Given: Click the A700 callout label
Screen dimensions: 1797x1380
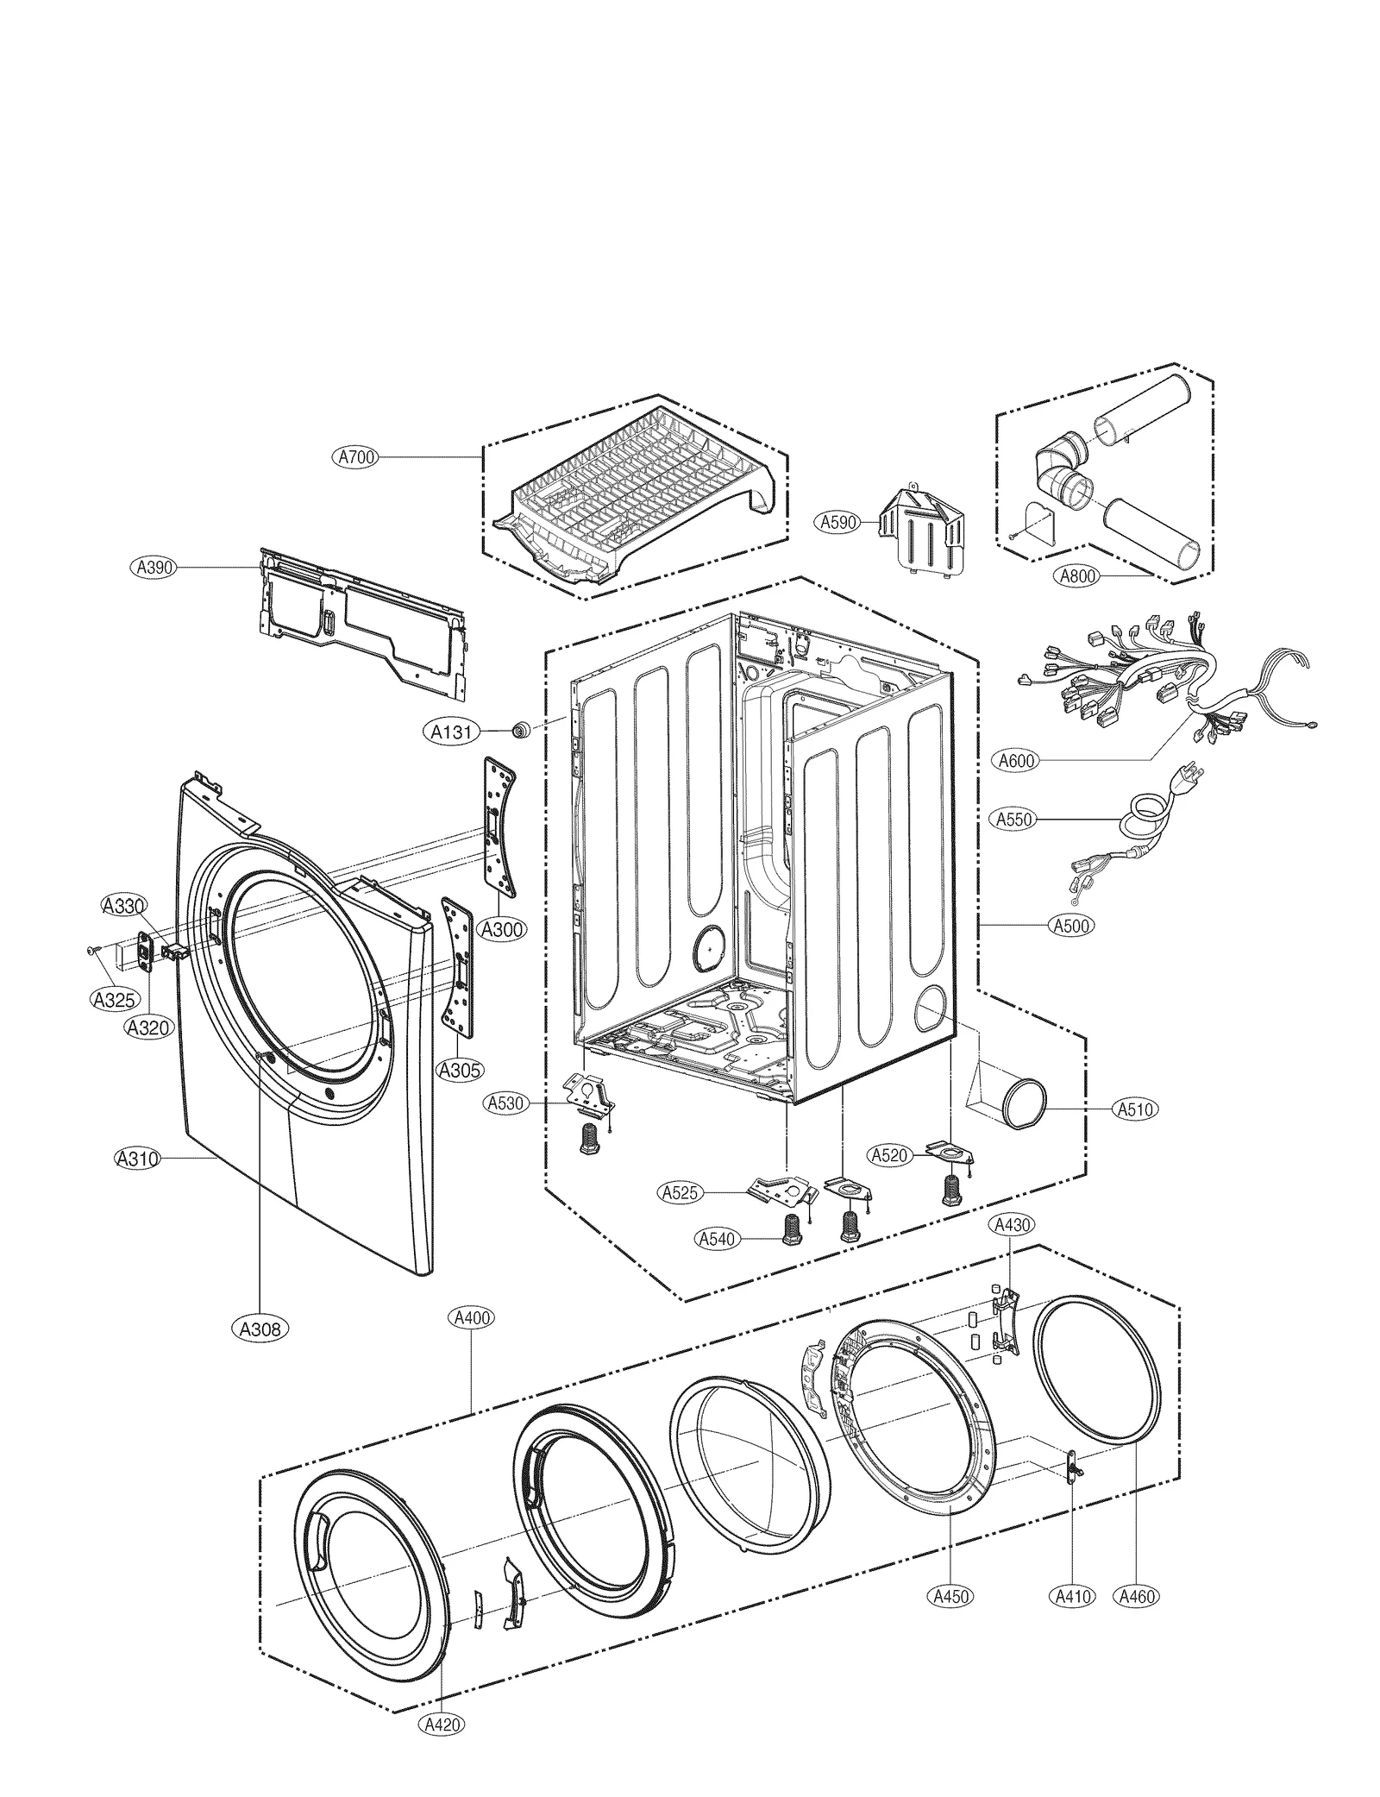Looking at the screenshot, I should click(x=355, y=457).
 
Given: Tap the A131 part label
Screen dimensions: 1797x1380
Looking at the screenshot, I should click(x=451, y=732).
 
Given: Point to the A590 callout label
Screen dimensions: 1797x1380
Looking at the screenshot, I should click(x=837, y=522).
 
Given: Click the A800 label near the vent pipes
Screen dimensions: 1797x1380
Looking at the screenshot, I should click(x=1078, y=575).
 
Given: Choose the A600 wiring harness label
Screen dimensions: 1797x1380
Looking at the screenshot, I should click(x=1017, y=760).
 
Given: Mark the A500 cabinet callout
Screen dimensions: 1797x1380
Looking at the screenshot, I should click(x=1071, y=926).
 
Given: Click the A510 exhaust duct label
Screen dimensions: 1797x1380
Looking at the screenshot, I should click(x=1135, y=1109).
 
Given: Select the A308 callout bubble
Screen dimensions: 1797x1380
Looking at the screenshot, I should click(x=260, y=1329).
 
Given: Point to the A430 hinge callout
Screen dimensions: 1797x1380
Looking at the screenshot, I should click(x=1010, y=1224).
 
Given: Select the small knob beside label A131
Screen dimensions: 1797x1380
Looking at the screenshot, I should click(x=520, y=731).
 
